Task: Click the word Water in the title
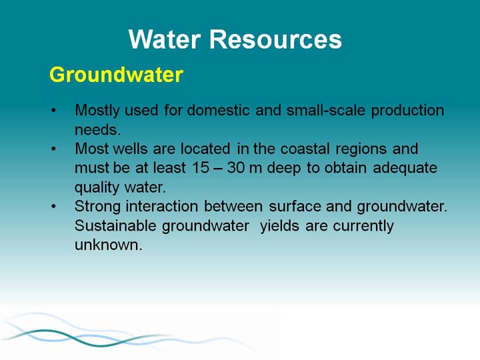pyautogui.click(x=165, y=39)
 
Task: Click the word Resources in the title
pyautogui.click(x=275, y=39)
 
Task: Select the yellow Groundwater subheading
pyautogui.click(x=116, y=75)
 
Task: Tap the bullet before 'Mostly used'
pyautogui.click(x=54, y=111)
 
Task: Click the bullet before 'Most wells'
pyautogui.click(x=54, y=149)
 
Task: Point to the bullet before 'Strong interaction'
pyautogui.click(x=54, y=207)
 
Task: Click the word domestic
pyautogui.click(x=218, y=110)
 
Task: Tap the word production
pyautogui.click(x=407, y=111)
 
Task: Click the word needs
pyautogui.click(x=97, y=130)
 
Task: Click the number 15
pyautogui.click(x=201, y=168)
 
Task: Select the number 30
pyautogui.click(x=236, y=168)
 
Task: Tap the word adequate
pyautogui.click(x=405, y=169)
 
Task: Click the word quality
pyautogui.click(x=97, y=188)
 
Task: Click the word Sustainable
pyautogui.click(x=115, y=226)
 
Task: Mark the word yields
pyautogui.click(x=279, y=227)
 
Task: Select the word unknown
pyautogui.click(x=109, y=245)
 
